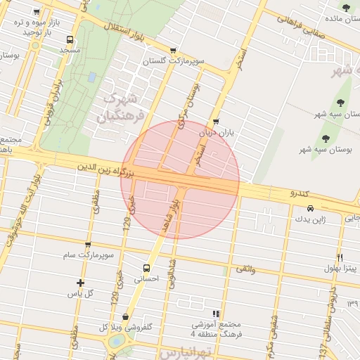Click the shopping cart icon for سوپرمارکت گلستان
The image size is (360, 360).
(173, 51)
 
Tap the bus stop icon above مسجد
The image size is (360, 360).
(70, 39)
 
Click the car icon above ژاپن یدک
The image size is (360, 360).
(310, 208)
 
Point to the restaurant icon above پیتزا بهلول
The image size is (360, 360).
(340, 257)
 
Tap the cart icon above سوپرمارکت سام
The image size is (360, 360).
(88, 245)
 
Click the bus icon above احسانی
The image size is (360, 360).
(146, 268)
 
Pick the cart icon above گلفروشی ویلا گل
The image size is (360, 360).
(125, 316)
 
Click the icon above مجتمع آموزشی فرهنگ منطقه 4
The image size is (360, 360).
(216, 314)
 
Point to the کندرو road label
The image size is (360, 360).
(300, 193)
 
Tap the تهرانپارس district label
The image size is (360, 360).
(185, 350)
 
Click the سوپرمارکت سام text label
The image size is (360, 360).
(88, 256)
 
